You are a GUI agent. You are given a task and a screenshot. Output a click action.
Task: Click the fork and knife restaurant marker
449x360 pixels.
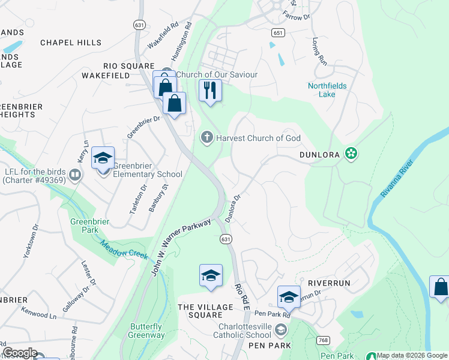tap(210, 91)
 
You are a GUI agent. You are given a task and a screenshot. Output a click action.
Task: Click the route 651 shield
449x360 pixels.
tap(277, 33)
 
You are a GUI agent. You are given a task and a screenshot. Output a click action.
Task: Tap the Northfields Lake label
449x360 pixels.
tap(327, 90)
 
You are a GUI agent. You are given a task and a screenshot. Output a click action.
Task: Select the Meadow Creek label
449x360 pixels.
tap(124, 250)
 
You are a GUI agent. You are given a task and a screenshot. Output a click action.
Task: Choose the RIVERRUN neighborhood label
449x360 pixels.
tap(328, 283)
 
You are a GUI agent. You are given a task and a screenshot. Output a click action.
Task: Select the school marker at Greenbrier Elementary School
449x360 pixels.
tap(103, 159)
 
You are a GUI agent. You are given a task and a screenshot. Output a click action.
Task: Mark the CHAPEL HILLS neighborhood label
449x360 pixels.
tap(67, 43)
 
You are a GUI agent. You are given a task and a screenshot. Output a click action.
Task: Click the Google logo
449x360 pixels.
tap(19, 353)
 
